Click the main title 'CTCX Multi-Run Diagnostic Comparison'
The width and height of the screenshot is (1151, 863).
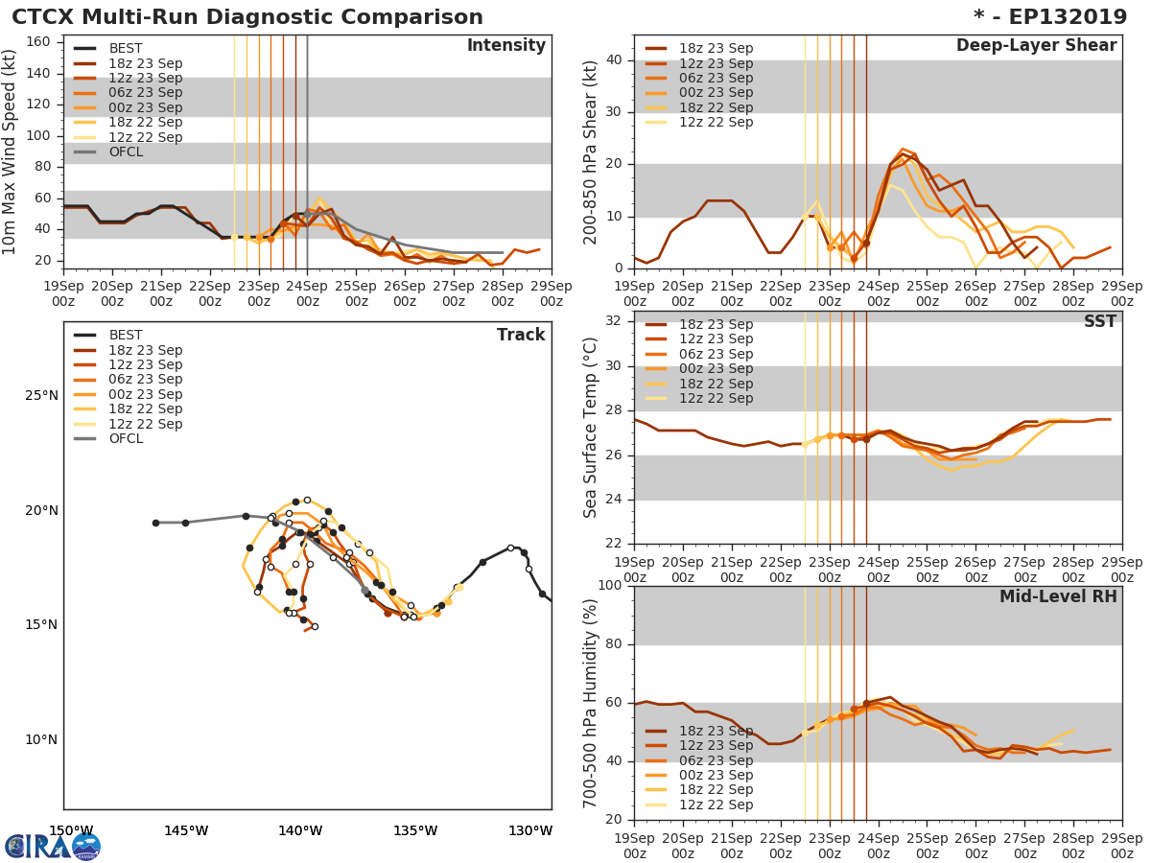[x=247, y=17]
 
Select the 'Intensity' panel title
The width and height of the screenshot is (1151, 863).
[x=505, y=46]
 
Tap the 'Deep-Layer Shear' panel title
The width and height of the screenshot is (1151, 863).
[x=1036, y=46]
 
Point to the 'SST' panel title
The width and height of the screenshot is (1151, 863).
[x=1099, y=322]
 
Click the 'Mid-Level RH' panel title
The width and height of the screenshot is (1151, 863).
[x=1058, y=596]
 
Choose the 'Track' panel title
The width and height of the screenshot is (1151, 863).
[x=521, y=335]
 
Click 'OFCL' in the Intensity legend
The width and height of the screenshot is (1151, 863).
[x=126, y=152]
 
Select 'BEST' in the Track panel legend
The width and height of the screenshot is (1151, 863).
[x=126, y=336]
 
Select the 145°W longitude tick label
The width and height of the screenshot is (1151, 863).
[x=186, y=831]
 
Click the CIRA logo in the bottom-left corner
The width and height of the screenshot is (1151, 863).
[x=53, y=847]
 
